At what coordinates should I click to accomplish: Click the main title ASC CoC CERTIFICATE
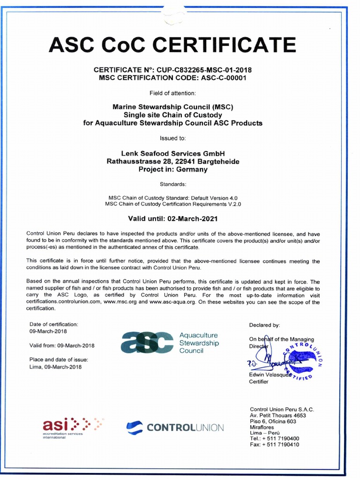coord(172,45)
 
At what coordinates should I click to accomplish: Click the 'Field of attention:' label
coord(173,93)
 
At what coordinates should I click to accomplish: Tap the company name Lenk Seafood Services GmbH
coord(173,154)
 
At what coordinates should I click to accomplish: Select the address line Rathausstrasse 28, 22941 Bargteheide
coord(173,161)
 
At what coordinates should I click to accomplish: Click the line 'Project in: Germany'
coord(173,169)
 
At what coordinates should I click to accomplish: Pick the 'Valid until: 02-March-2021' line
coord(173,218)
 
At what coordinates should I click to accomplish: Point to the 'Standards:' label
coord(173,184)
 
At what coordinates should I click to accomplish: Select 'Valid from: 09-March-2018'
coord(62,345)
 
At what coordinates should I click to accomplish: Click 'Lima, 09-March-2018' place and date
coord(55,367)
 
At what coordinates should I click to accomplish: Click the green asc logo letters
coord(147,343)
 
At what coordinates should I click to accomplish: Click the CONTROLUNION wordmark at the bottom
coord(185,427)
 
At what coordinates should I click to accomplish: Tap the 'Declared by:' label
coord(264,324)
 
